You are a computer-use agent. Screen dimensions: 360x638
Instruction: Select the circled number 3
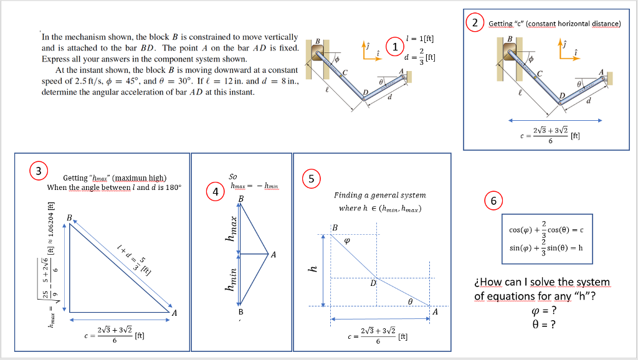[39, 170]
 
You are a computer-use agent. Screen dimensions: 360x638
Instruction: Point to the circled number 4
[214, 192]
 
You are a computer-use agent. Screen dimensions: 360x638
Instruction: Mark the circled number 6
[493, 201]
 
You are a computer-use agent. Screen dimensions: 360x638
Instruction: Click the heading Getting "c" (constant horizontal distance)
[555, 24]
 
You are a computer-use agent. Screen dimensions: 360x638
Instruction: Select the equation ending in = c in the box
[547, 229]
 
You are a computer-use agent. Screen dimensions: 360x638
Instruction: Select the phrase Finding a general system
[379, 195]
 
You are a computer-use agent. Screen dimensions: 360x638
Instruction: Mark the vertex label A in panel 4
[273, 254]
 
